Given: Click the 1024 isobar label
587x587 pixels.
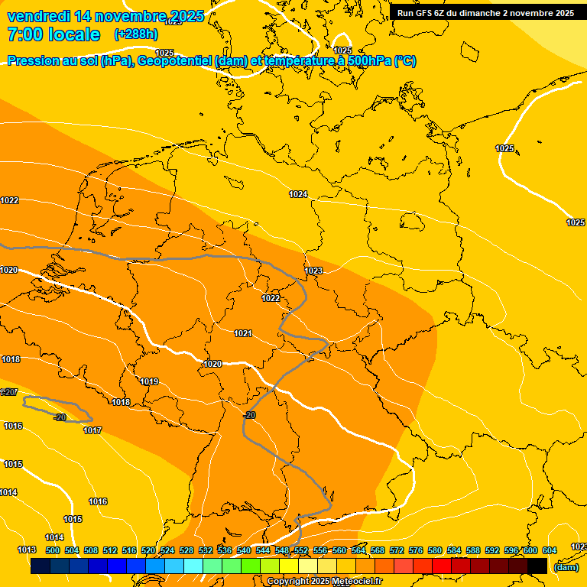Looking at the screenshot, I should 298,195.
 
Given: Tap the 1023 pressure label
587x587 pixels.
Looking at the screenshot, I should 313,271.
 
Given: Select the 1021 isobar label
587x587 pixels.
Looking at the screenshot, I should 243,333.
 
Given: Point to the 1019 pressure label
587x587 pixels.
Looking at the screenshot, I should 149,382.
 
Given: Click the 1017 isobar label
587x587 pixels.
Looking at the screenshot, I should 92,431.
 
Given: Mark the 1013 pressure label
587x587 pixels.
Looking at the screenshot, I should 27,550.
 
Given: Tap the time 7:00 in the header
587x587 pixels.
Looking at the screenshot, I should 24,34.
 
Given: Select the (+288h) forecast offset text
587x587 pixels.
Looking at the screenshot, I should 136,34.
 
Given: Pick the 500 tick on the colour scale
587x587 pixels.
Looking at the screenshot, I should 53,550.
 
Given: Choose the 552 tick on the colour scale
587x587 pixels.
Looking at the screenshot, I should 301,550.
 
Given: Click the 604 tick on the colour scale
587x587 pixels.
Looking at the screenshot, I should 550,550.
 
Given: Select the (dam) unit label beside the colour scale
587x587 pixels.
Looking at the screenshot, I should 566,567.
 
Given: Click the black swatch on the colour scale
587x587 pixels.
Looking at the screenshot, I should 537,566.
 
